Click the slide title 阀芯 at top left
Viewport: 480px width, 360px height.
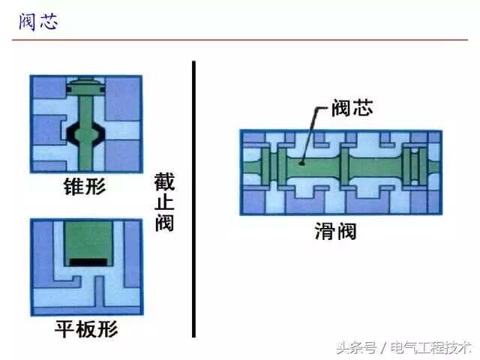[38, 22]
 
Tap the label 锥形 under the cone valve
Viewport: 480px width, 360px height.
[85, 186]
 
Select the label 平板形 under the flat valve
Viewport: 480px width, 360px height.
[86, 329]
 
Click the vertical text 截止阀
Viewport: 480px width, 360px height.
[164, 202]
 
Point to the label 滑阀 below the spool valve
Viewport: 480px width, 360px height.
[336, 231]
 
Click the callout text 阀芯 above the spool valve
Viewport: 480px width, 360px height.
[352, 108]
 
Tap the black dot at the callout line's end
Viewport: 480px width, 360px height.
[302, 163]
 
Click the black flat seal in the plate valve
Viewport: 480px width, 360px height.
[88, 262]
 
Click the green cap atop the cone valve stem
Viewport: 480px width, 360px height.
[86, 86]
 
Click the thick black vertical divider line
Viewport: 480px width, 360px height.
[193, 199]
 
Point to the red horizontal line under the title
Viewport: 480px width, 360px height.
[240, 40]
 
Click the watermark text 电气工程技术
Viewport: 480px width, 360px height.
[430, 348]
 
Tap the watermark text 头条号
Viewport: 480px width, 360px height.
[356, 348]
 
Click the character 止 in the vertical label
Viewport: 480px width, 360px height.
[164, 202]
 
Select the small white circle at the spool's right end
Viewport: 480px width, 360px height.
[415, 151]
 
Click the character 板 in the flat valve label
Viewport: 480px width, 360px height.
[86, 329]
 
